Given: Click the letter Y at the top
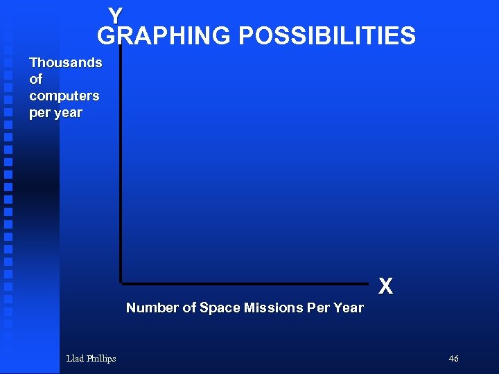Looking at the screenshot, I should tap(115, 15).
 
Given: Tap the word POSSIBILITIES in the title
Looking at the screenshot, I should tap(327, 36).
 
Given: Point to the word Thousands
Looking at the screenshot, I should tap(65, 63).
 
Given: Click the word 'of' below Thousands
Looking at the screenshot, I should tap(35, 80).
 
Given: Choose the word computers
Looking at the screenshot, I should tap(64, 96).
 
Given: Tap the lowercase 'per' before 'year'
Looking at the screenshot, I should tap(40, 113).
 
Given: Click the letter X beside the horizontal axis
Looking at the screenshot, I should tap(386, 286).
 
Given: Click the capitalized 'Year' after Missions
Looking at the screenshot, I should tap(349, 308).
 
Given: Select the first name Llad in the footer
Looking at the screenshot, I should tap(75, 359).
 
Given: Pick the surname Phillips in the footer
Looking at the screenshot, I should tap(101, 359).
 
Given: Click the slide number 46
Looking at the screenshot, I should tap(453, 359).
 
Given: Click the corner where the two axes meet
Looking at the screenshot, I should tap(121, 283).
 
